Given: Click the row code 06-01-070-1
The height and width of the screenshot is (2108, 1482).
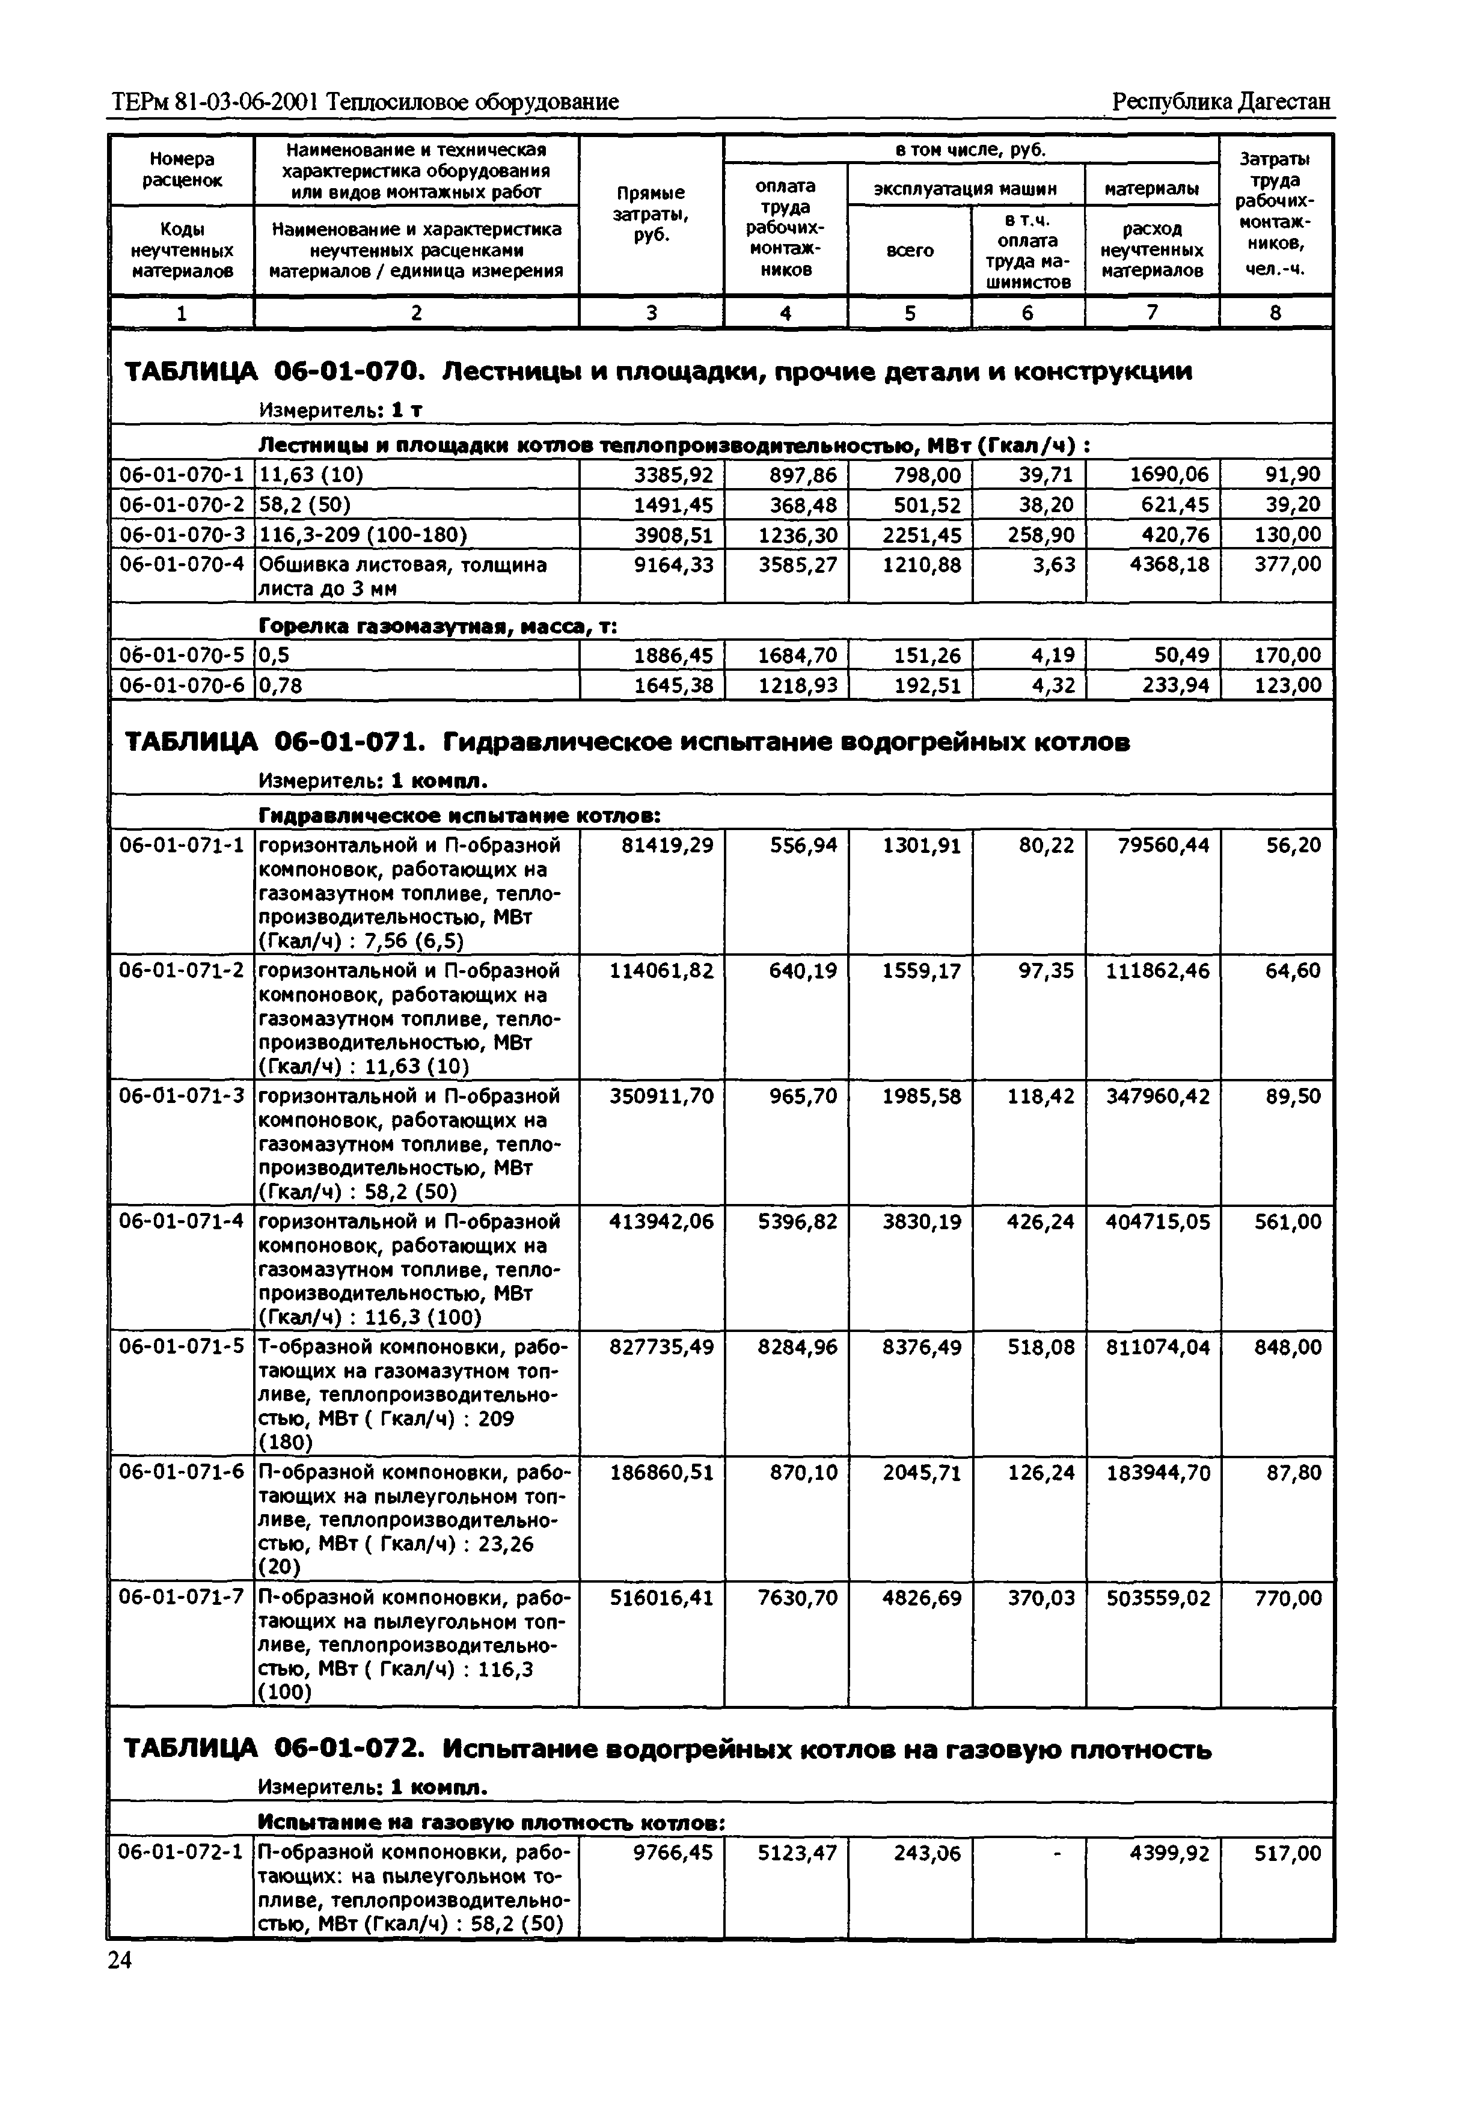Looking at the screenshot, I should coord(182,475).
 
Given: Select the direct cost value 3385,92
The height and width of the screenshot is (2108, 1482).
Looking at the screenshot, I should coord(673,475).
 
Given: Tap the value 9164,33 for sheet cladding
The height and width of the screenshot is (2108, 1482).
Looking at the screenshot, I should coord(673,564).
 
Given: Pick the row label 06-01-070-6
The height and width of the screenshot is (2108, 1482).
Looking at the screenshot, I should coord(182,685).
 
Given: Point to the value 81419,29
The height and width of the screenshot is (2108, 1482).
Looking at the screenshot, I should coord(661,845).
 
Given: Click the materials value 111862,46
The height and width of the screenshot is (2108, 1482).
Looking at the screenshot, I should coord(1157,971).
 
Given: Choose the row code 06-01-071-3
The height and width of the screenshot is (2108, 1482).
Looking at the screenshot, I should coord(182,1096).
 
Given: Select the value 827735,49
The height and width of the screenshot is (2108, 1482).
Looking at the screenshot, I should coord(661,1347).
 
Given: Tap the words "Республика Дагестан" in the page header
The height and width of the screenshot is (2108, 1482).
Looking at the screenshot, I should coord(1220,101).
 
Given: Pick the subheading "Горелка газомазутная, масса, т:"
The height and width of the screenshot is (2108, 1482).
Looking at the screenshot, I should coord(438,626).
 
